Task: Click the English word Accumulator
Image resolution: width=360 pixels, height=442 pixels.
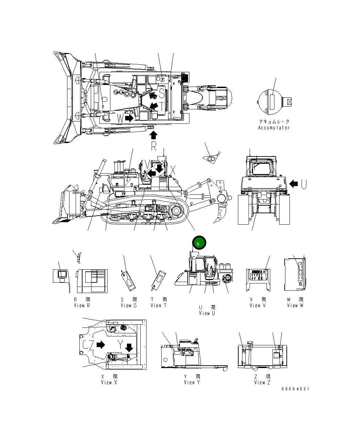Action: (x=274, y=128)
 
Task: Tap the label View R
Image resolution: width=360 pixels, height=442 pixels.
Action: (x=82, y=305)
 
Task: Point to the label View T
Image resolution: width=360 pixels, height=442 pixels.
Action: (x=159, y=305)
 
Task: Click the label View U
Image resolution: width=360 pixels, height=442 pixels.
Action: (x=207, y=313)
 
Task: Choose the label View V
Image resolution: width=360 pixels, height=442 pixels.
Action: (x=258, y=305)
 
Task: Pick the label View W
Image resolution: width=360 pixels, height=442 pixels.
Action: (x=295, y=305)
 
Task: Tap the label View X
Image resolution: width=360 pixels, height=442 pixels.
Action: (x=109, y=382)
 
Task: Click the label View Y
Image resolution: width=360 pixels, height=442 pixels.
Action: (x=192, y=382)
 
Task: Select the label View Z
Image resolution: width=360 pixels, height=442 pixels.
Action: (x=262, y=382)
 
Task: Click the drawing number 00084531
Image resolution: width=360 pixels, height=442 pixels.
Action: (x=295, y=389)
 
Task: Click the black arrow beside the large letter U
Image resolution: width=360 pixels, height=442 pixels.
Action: (x=294, y=184)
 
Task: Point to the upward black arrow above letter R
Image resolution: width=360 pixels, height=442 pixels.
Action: (x=154, y=134)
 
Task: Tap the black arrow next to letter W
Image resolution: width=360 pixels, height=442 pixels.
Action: (x=129, y=118)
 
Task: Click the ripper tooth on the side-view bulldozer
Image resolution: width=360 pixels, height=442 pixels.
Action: (x=219, y=215)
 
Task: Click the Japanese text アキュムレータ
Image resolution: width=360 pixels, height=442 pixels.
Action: (x=274, y=122)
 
